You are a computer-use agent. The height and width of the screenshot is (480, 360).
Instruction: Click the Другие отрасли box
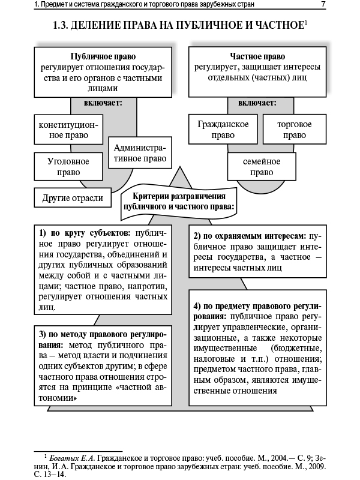[73, 197]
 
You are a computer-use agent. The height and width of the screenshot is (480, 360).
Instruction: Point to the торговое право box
[295, 130]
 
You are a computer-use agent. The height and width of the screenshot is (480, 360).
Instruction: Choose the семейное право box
[262, 167]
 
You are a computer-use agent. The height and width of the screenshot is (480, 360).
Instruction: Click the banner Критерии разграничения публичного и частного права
[178, 201]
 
